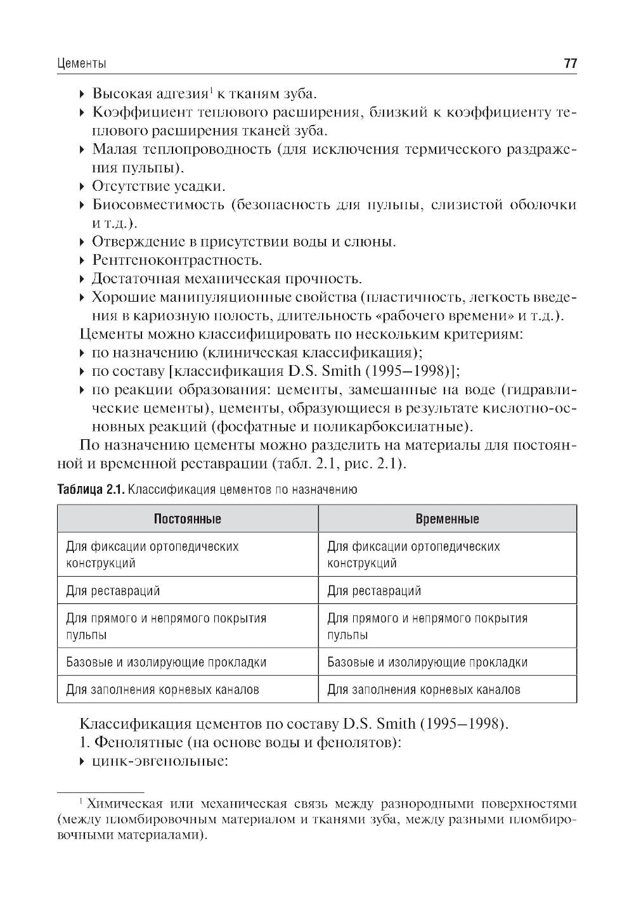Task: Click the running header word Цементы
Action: (x=81, y=64)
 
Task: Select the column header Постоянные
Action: (x=188, y=519)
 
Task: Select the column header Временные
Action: (x=447, y=519)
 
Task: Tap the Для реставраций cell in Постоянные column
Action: (x=113, y=591)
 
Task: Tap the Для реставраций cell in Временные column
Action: (x=374, y=591)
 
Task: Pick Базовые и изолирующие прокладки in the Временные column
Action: (x=427, y=662)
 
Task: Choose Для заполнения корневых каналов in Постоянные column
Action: (x=162, y=690)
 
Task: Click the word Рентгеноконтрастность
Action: (x=177, y=260)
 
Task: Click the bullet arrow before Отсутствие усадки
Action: (x=82, y=187)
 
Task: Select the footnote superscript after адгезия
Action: (x=212, y=91)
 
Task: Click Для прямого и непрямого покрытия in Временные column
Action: (x=427, y=618)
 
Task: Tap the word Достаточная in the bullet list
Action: (x=134, y=279)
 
